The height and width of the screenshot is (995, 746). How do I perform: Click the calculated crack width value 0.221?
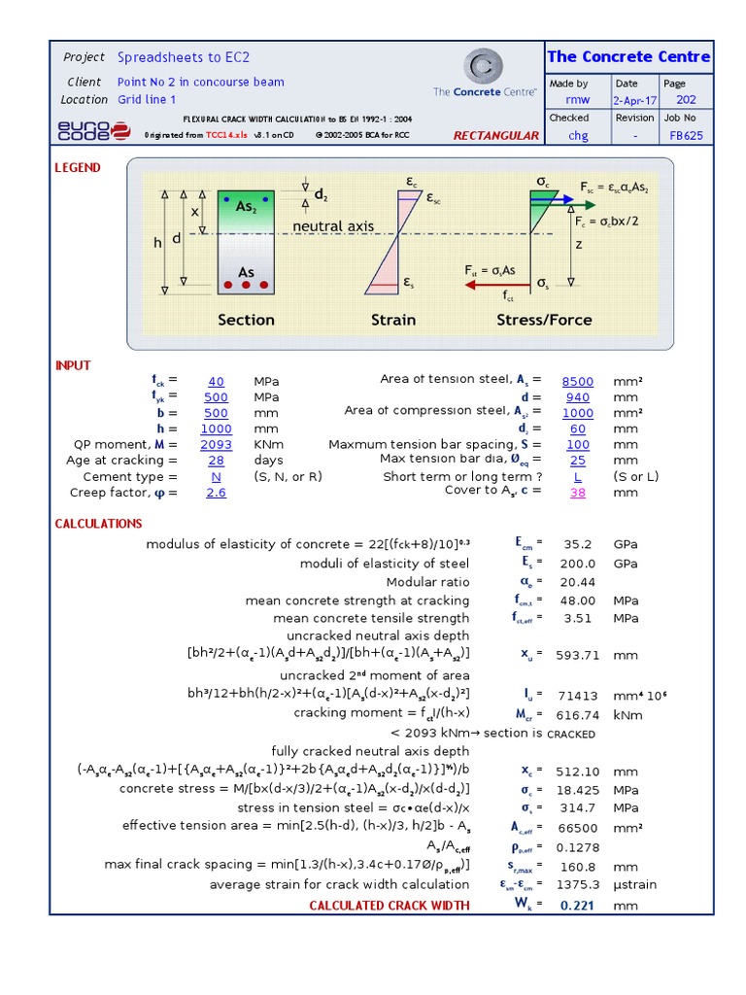[x=577, y=906]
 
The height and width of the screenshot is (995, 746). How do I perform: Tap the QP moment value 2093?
[x=216, y=444]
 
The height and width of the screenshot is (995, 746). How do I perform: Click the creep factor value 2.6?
[x=216, y=493]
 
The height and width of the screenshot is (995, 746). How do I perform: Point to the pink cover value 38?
[x=578, y=493]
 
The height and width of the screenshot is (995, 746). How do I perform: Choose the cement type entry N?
[x=216, y=477]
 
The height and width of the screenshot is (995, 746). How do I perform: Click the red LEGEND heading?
[x=78, y=167]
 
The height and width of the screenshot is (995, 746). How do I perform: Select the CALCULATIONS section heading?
[x=98, y=524]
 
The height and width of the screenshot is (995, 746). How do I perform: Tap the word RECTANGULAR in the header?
[x=495, y=135]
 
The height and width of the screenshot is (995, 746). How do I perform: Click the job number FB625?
[x=687, y=136]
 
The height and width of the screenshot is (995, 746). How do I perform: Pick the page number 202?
[x=687, y=100]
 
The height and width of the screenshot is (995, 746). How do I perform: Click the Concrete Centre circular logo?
[x=484, y=66]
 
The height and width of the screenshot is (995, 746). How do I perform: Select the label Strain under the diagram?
[x=392, y=320]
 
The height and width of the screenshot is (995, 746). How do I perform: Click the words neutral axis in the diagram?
[x=333, y=226]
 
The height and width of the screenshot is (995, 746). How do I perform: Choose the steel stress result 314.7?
[x=577, y=807]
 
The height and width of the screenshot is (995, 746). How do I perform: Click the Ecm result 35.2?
[x=577, y=544]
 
